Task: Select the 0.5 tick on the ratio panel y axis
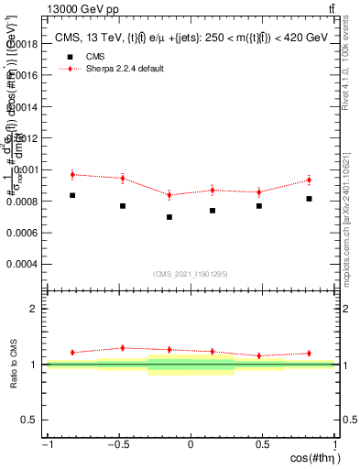pos(30,420)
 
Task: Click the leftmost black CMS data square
pos(72,195)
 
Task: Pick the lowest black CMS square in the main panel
pos(169,217)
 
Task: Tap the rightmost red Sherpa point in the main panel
pos(310,180)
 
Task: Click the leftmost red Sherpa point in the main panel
pos(72,174)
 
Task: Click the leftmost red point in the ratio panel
pos(72,352)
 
